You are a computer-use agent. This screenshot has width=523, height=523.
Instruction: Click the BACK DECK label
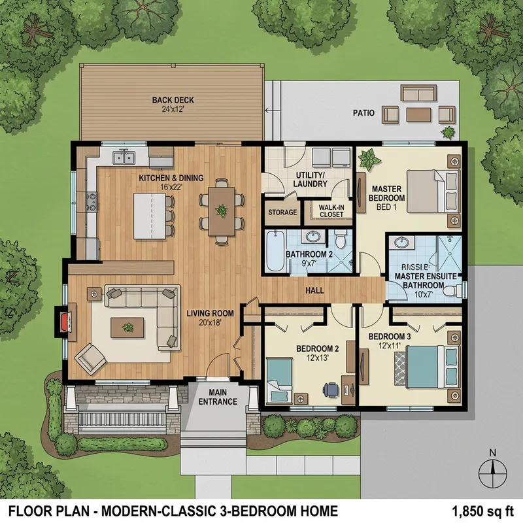pos(173,100)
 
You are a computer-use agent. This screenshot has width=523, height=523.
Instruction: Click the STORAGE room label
pos(282,212)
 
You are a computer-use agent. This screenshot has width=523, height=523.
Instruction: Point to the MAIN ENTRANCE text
pos(218,396)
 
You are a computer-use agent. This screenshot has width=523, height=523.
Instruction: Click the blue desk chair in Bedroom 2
pos(331,388)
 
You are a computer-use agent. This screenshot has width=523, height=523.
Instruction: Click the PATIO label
pos(363,112)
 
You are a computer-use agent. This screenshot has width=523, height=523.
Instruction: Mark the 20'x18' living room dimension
pos(201,321)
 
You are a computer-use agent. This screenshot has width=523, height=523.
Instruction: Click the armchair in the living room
pos(89,358)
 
